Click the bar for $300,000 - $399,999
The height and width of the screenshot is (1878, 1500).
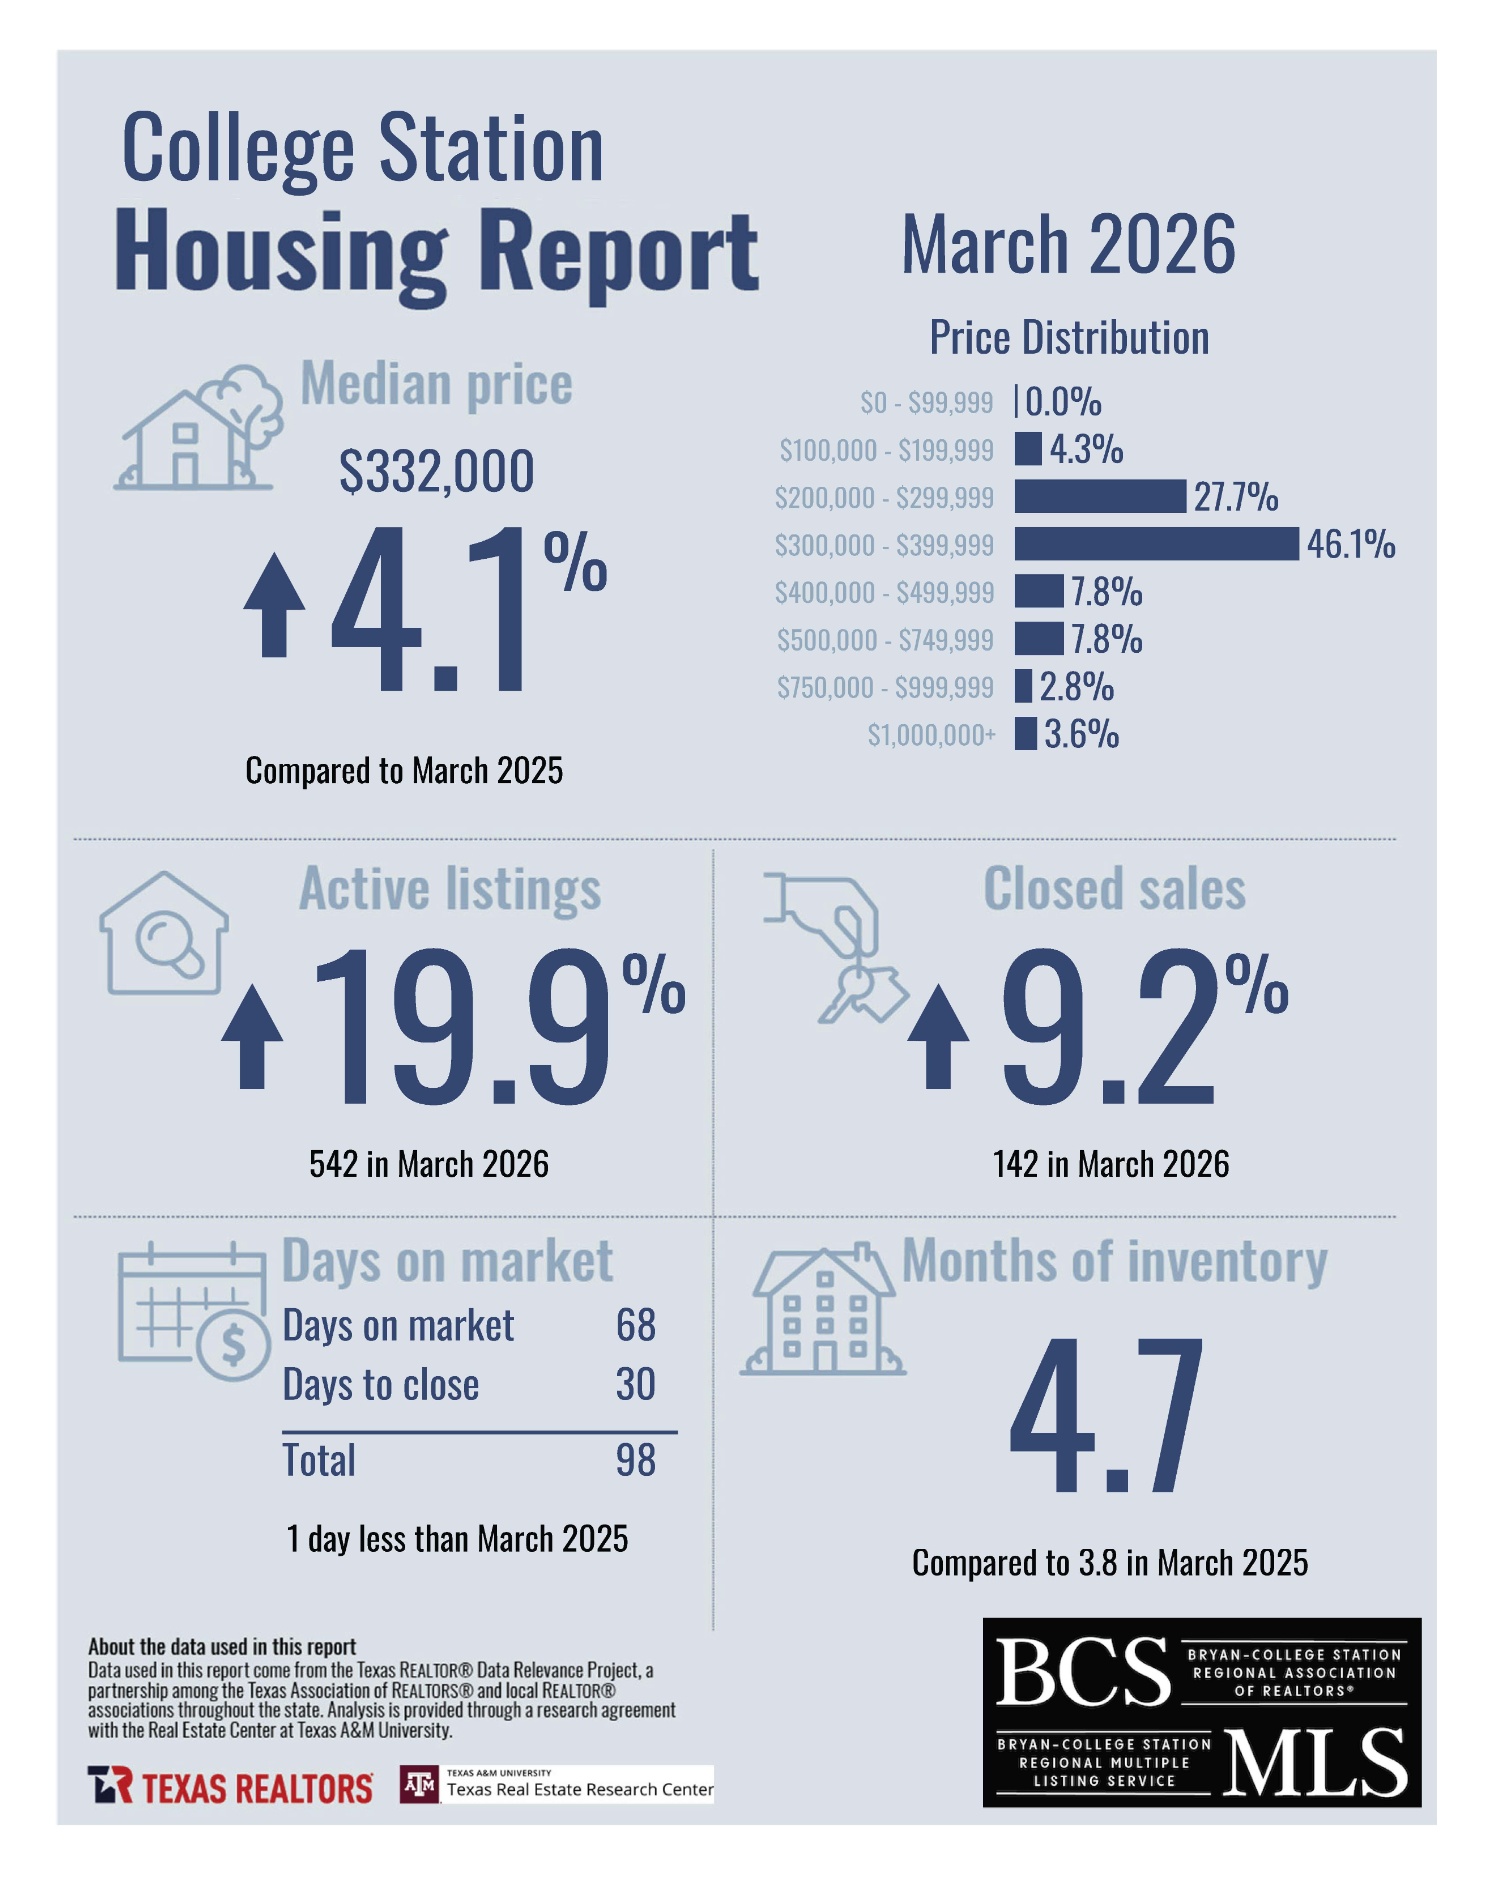click(1156, 544)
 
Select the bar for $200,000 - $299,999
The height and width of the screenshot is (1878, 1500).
click(1099, 496)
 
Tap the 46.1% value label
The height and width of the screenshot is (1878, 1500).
click(1350, 544)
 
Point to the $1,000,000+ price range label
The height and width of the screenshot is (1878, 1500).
click(931, 735)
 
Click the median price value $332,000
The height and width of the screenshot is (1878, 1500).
click(436, 471)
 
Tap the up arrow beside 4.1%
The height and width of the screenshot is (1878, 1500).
click(274, 606)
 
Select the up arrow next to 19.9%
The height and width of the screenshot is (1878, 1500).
click(252, 1037)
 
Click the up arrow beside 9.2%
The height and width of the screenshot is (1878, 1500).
click(938, 1037)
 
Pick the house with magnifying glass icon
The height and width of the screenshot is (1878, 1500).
click(164, 934)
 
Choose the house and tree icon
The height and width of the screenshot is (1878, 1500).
click(200, 427)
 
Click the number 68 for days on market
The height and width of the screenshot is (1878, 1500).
click(635, 1325)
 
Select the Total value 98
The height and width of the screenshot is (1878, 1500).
click(635, 1460)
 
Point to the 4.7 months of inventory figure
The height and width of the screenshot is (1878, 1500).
click(1106, 1414)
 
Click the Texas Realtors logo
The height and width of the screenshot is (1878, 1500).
click(230, 1786)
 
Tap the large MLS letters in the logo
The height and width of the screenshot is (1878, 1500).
click(1314, 1763)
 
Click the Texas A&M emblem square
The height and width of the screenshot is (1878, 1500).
click(419, 1784)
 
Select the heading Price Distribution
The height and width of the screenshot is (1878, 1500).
click(1068, 338)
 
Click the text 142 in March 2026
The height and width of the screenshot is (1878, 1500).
click(1110, 1164)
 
